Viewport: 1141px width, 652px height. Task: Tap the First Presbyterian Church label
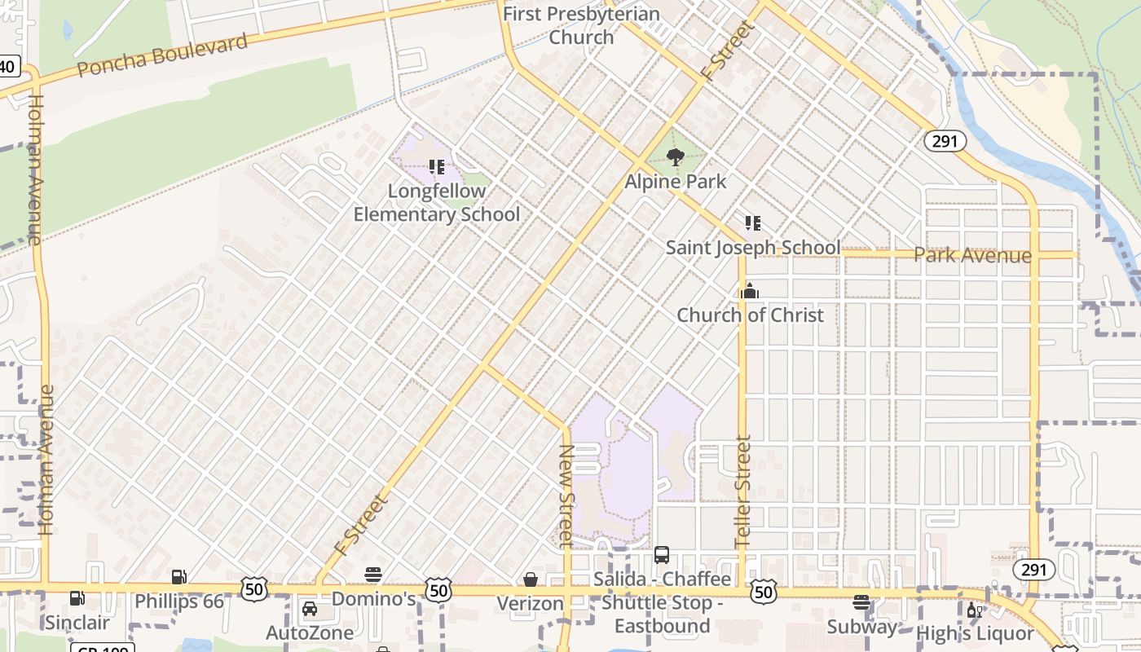tap(581, 25)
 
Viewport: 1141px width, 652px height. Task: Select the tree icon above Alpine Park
tap(675, 157)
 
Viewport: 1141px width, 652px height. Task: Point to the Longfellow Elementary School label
tap(437, 203)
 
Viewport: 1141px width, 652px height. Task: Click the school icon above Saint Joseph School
tap(752, 222)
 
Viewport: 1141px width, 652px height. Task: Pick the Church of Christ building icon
tap(750, 291)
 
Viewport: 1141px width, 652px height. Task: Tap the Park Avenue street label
tap(972, 255)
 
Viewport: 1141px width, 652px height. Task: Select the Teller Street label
tap(742, 491)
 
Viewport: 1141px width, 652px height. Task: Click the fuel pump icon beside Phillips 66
tap(179, 577)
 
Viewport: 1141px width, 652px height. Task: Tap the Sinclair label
tap(77, 623)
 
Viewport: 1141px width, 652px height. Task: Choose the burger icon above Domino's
tap(373, 575)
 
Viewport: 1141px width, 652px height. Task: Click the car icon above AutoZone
tap(310, 609)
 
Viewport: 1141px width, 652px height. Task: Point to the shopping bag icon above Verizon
tap(531, 579)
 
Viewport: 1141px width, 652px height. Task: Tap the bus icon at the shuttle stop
tap(662, 555)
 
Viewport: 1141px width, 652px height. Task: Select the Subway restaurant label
tap(861, 627)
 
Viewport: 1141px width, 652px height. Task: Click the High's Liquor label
tap(975, 633)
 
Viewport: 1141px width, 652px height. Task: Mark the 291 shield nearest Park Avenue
tap(945, 141)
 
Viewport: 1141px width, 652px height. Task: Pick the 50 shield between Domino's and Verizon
tap(438, 590)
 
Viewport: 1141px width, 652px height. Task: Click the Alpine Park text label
tap(675, 181)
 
